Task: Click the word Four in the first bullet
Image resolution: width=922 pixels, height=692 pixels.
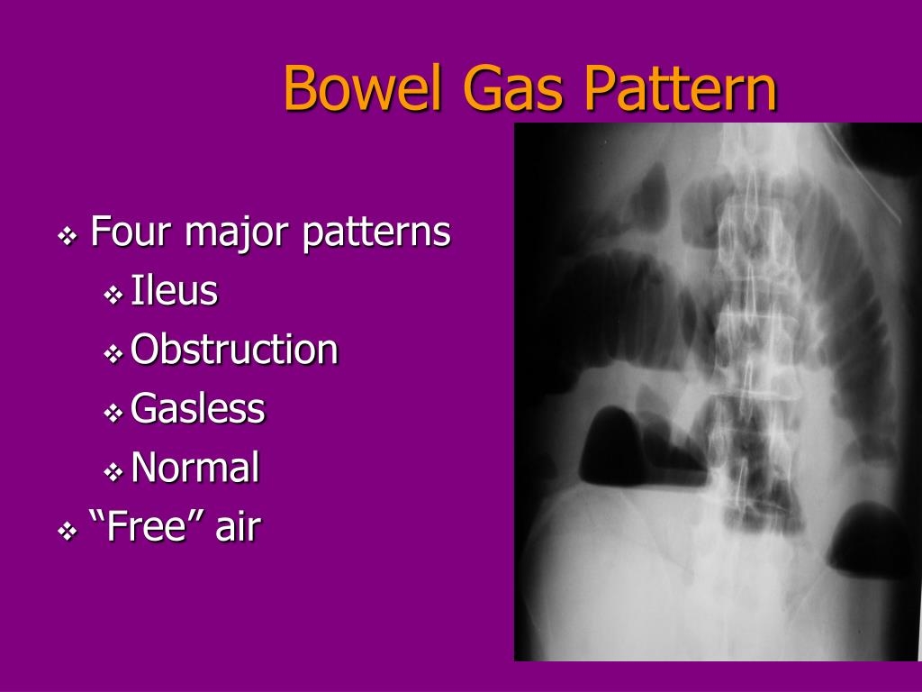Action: pyautogui.click(x=131, y=232)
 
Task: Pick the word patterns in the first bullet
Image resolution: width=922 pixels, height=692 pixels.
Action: pyautogui.click(x=375, y=233)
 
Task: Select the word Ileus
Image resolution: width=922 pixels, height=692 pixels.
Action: pyautogui.click(x=174, y=291)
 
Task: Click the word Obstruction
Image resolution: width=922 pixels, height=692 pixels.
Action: pyautogui.click(x=234, y=350)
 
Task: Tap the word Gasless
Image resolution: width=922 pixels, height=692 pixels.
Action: pyautogui.click(x=197, y=408)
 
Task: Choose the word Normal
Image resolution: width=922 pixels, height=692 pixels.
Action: pyautogui.click(x=194, y=468)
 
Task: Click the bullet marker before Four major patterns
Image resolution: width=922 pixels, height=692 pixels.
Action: pyautogui.click(x=68, y=237)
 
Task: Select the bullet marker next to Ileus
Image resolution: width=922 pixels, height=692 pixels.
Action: pyautogui.click(x=113, y=295)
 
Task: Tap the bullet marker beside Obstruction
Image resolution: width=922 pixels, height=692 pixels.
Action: pyautogui.click(x=113, y=354)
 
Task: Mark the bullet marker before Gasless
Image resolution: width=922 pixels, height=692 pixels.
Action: pyautogui.click(x=113, y=413)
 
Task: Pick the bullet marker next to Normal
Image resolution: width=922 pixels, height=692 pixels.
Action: pyautogui.click(x=113, y=472)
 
